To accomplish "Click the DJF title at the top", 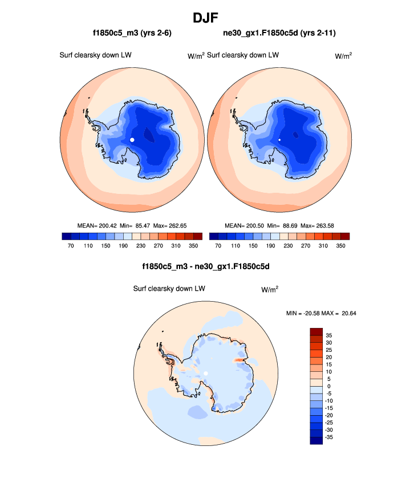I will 209,18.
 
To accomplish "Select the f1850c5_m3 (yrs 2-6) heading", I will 132,34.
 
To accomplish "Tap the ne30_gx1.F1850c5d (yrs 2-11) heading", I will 279,34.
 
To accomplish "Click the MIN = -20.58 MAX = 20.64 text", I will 321,313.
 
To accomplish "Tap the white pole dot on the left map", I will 132,140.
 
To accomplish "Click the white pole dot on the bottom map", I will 206,374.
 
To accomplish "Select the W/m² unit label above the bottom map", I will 270,289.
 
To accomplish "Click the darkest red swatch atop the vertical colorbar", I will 316,331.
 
